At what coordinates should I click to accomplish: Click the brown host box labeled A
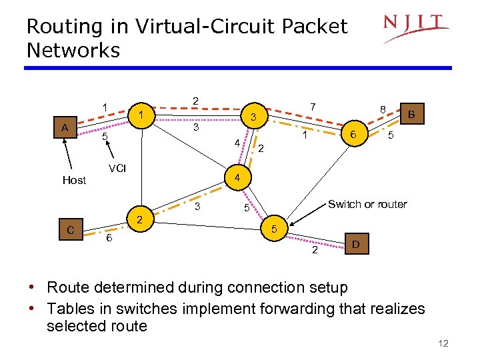[65, 127]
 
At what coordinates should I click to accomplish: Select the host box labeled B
[411, 114]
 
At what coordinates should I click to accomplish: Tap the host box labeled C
[71, 231]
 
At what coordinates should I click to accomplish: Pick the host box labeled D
[355, 245]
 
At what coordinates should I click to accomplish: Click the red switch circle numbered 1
[141, 116]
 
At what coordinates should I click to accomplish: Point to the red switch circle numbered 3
[253, 117]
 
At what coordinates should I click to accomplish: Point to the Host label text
[74, 180]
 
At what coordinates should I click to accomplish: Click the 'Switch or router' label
[367, 204]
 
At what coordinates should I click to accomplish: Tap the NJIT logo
[415, 27]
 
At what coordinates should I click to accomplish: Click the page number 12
[443, 343]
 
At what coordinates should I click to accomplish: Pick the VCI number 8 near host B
[382, 109]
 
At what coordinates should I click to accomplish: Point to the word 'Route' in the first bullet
[71, 288]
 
